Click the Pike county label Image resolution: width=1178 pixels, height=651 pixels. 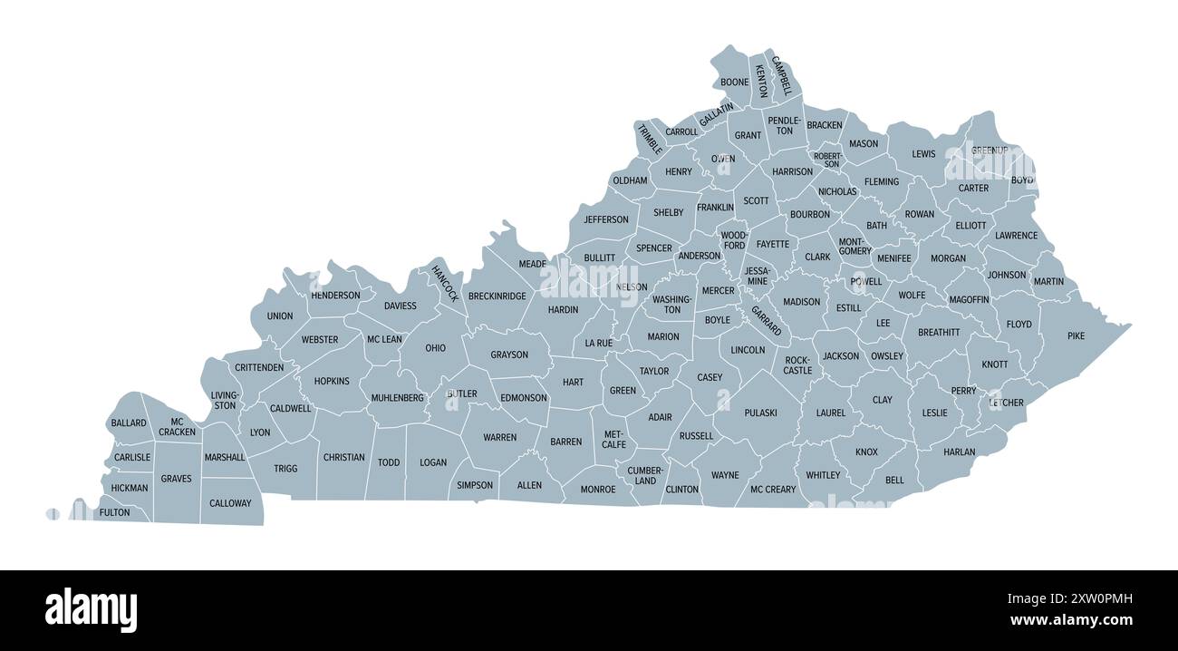point(1076,336)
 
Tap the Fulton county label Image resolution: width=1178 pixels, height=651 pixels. point(114,512)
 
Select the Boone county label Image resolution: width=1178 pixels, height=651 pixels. point(735,83)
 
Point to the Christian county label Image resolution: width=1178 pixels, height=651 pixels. point(344,458)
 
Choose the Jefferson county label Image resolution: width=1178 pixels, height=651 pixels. point(606,219)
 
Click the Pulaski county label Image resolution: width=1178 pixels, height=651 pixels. point(760,413)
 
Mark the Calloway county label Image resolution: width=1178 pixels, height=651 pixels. point(230,503)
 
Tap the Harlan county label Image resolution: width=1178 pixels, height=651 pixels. point(960,452)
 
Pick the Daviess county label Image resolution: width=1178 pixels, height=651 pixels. point(401,306)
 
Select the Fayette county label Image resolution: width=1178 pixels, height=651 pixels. point(773,244)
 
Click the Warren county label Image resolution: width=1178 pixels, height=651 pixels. point(499,438)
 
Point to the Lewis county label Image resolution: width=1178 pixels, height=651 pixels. point(923,154)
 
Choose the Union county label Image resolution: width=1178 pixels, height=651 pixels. point(280,316)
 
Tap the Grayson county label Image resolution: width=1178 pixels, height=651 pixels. point(509,355)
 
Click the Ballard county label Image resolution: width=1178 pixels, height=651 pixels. point(129,423)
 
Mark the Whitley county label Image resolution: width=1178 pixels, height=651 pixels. point(823,475)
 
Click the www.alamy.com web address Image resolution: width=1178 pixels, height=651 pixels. point(1070,621)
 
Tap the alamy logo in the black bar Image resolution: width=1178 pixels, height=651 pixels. point(91,609)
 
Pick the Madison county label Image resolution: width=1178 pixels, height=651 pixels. point(801,302)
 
